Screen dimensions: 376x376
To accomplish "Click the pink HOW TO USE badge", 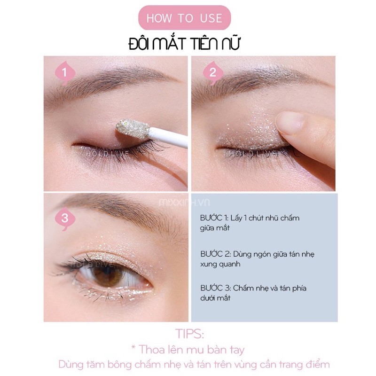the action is (184, 18).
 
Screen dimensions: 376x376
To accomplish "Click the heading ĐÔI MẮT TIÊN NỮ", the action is (184, 44).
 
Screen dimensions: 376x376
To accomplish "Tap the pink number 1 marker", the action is (65, 73).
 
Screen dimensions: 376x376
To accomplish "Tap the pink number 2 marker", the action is (213, 73).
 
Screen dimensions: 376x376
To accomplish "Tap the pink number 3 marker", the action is (65, 219).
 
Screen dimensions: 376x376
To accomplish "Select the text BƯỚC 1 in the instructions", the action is (214, 218).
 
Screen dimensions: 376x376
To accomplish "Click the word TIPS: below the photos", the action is (190, 334).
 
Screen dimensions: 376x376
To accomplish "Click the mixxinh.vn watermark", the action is (184, 203).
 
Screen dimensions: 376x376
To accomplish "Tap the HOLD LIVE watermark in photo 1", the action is (108, 153).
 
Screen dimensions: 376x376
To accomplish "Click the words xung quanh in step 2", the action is (220, 264).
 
